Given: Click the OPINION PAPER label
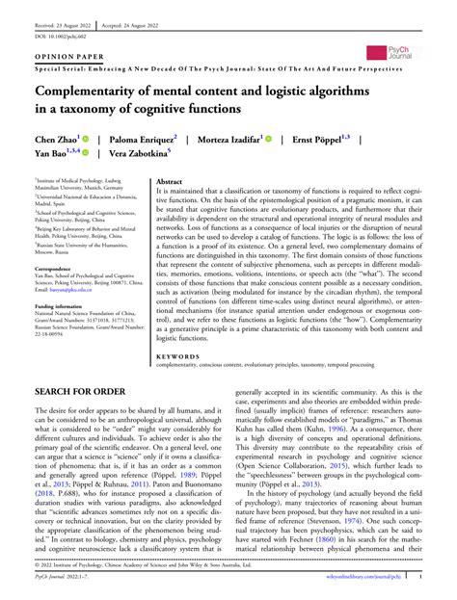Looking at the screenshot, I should click(67, 58).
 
